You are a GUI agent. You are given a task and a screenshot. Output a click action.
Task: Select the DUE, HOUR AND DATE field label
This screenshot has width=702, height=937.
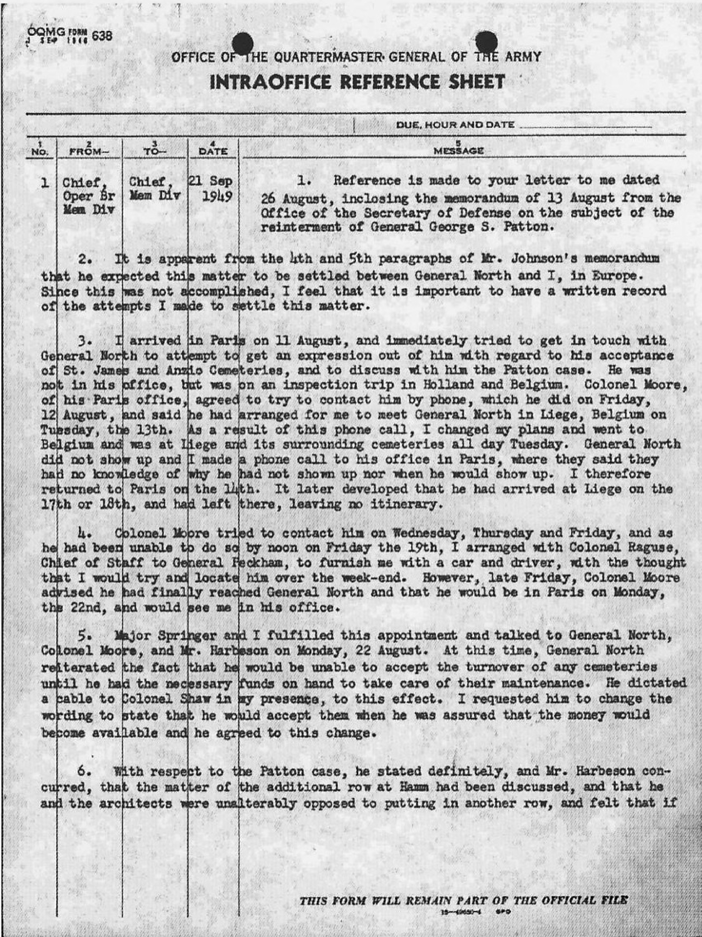(455, 125)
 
